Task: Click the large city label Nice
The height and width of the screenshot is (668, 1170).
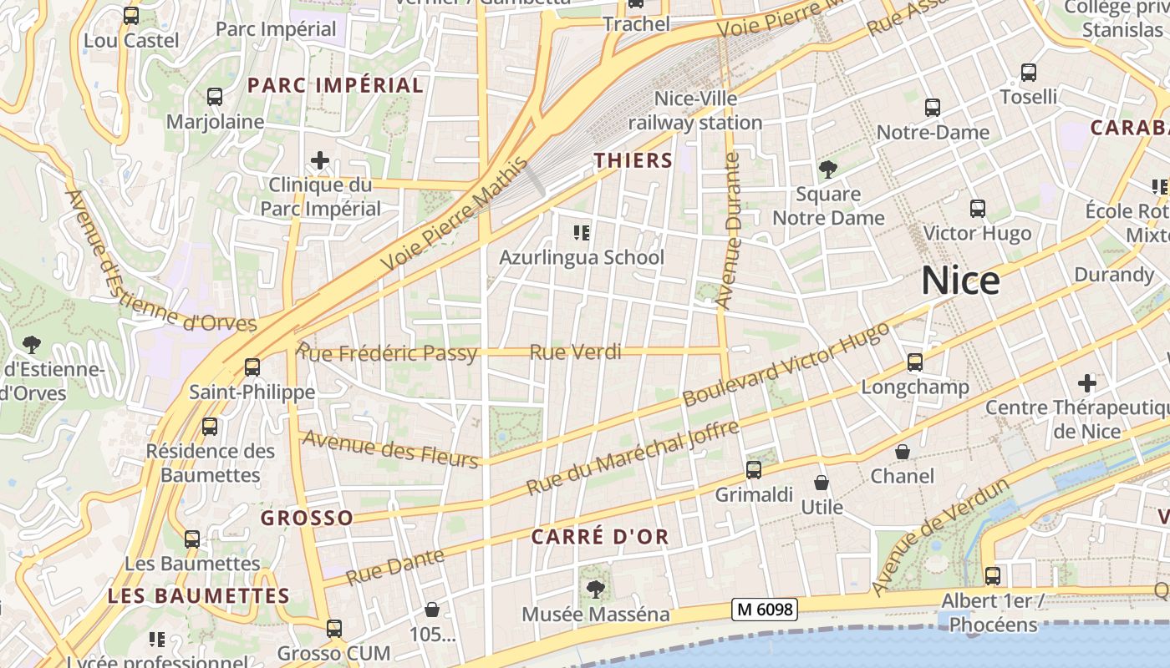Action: (960, 281)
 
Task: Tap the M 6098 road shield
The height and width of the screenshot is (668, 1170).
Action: (764, 610)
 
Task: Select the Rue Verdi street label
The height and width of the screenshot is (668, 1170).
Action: (576, 352)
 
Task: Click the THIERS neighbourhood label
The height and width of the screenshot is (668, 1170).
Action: (633, 160)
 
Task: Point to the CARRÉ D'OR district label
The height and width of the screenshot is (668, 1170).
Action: (600, 537)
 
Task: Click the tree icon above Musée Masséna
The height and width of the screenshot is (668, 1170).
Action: (595, 590)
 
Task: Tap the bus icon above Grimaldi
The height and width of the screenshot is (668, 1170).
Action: (754, 470)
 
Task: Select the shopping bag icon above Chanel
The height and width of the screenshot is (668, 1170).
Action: (903, 452)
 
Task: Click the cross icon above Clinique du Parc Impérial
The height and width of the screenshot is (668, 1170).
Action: (319, 160)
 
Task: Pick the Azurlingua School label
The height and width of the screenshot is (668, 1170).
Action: (582, 257)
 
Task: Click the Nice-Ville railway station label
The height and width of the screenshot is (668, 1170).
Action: (695, 110)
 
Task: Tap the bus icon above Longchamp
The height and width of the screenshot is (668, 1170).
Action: (915, 362)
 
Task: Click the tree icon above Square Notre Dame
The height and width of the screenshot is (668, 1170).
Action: (827, 170)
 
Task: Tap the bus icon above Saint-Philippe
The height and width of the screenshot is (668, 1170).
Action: (252, 367)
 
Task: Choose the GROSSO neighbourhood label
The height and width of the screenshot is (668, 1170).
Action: (307, 518)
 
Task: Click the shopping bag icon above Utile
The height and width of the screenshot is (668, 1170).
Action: (822, 483)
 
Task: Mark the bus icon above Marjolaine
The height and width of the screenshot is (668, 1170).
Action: (215, 97)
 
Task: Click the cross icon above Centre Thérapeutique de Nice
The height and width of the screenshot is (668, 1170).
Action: (1086, 383)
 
